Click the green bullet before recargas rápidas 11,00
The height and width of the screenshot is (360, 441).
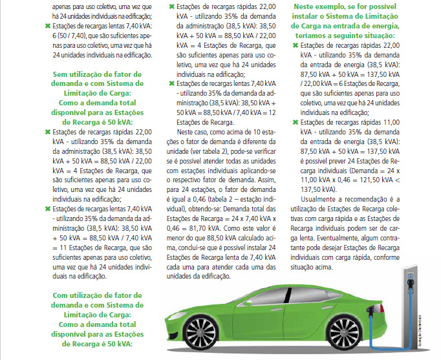[296, 122]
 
